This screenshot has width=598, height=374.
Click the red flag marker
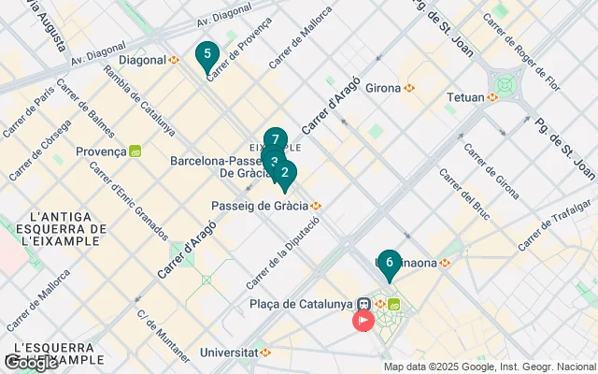click(362, 321)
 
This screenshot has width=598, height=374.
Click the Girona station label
click(384, 88)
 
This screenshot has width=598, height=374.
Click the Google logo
click(31, 362)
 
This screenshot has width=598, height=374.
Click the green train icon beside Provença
click(135, 151)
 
